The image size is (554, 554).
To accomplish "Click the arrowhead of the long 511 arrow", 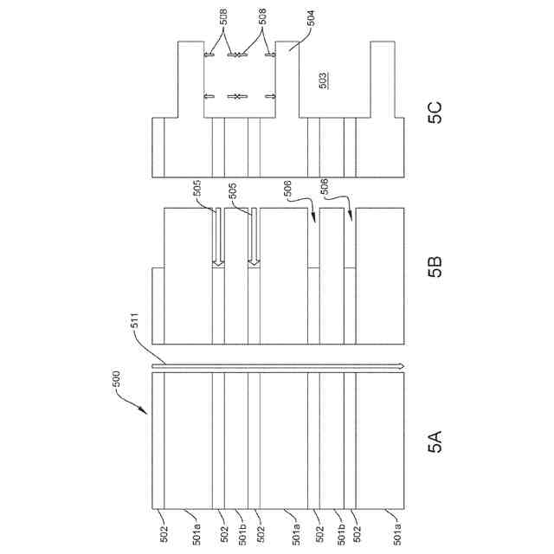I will [402, 367].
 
